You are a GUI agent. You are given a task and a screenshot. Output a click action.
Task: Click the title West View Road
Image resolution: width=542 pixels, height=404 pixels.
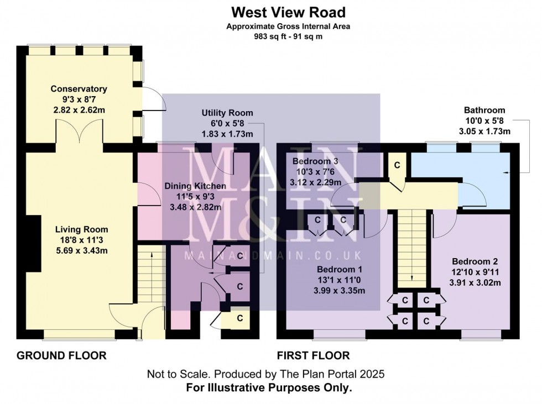pos(288,12)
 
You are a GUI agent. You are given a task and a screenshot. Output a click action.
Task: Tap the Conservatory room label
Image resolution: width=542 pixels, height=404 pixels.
pos(79,89)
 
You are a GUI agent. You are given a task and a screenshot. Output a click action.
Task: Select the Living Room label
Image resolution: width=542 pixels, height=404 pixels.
pos(82,229)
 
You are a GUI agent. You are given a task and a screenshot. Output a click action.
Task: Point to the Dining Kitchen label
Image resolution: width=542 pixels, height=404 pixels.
pos(195,186)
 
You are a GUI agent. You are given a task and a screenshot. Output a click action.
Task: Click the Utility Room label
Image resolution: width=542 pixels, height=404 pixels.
pos(227,113)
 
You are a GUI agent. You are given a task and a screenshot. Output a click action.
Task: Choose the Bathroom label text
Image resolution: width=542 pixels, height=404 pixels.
pos(484,110)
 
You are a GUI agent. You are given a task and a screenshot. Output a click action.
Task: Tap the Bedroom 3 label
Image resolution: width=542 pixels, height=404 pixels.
pos(315,161)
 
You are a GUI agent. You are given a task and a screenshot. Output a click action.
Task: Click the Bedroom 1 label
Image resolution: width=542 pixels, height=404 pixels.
pos(340,269)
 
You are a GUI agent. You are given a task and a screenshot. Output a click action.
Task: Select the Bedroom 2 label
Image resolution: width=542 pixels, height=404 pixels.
pos(475,262)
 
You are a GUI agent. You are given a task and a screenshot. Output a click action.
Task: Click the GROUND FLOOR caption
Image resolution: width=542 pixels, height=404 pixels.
pos(61,355)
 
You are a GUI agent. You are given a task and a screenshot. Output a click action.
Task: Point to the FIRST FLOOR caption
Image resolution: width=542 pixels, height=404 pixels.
pos(313,355)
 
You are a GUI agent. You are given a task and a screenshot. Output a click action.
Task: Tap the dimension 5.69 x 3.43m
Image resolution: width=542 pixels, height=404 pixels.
pos(82,250)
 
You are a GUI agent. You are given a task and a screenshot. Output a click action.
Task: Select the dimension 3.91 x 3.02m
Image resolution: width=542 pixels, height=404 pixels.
pos(475,283)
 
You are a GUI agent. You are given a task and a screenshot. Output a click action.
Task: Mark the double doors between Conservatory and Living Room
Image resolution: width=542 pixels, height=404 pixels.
pos(79,131)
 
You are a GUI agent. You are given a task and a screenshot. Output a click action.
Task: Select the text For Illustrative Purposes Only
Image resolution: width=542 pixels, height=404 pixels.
pos(269,388)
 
